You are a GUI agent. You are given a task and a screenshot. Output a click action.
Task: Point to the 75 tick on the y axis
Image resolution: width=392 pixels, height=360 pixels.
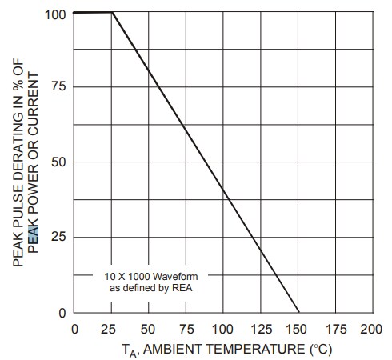click(58, 86)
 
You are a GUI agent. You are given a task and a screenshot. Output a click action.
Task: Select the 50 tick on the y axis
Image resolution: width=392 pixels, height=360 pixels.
click(58, 162)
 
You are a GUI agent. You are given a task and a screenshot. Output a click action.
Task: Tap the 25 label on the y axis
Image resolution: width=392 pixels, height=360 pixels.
click(58, 238)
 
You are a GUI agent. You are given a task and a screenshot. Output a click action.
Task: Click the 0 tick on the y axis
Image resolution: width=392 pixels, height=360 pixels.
click(62, 313)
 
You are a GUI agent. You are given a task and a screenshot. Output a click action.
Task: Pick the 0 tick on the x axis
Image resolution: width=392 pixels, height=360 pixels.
click(74, 329)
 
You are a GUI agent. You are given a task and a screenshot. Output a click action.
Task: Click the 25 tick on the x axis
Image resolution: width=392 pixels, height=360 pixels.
click(111, 329)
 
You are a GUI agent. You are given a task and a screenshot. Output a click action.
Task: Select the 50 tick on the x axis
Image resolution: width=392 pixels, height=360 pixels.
click(149, 329)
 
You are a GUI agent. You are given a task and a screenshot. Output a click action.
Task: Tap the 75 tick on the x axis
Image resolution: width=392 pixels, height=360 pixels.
click(186, 329)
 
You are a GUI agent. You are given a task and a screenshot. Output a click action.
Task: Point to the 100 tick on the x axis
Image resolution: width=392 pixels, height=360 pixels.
click(223, 329)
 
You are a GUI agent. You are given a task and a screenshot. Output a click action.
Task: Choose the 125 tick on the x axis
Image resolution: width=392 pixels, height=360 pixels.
click(260, 329)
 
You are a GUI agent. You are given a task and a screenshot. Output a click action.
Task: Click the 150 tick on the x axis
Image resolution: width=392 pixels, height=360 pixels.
click(298, 329)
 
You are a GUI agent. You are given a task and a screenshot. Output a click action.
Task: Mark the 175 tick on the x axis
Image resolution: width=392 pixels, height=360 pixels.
click(335, 329)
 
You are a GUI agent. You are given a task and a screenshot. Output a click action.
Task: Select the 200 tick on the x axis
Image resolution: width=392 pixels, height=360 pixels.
click(370, 329)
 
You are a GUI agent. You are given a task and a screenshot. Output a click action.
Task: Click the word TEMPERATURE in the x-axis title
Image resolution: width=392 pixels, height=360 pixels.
click(255, 350)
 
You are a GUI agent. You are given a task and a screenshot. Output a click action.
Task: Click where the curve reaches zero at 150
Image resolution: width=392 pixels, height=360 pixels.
click(298, 313)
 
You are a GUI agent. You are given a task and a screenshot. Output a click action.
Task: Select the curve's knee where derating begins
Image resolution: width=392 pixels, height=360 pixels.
click(112, 13)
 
